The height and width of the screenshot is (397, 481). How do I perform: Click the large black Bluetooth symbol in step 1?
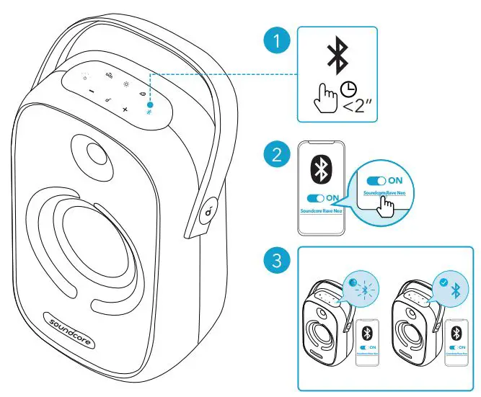(336, 55)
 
